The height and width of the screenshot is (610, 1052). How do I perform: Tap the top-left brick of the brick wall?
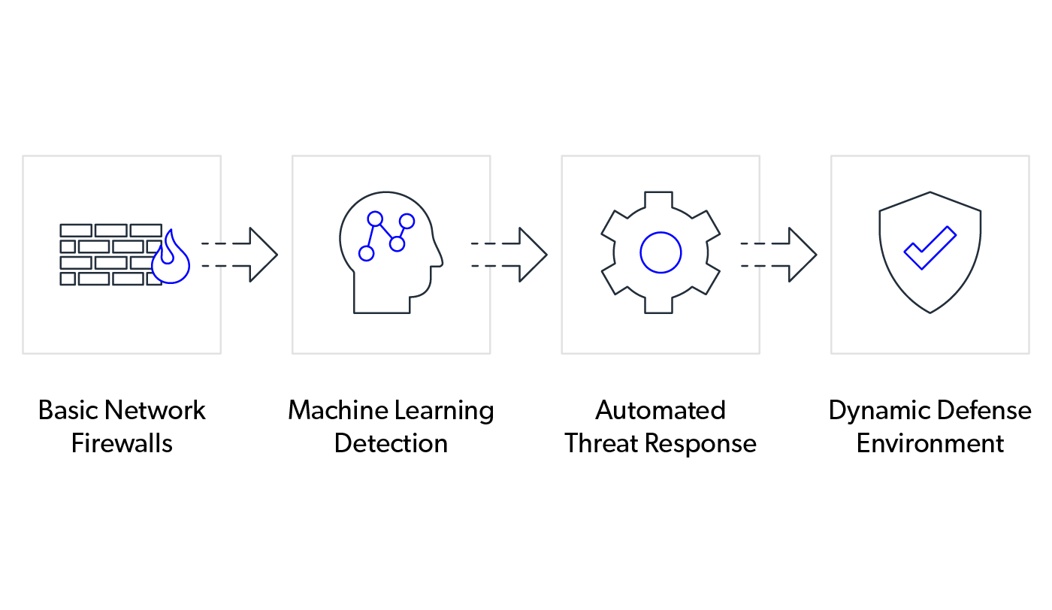[76, 231]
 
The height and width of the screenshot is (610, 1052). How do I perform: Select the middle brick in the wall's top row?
[111, 231]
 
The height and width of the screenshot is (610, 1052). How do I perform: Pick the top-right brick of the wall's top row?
[146, 231]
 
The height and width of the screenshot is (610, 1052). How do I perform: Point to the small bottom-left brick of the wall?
[68, 279]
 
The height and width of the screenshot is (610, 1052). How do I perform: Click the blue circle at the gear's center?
[661, 252]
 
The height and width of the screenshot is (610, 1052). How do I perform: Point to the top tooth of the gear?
[659, 198]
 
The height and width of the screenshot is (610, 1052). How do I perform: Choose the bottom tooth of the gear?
[659, 306]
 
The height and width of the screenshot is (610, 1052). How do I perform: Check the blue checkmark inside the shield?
[930, 247]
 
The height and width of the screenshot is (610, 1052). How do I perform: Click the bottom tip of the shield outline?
[930, 312]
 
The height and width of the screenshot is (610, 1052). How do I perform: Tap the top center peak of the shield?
[930, 193]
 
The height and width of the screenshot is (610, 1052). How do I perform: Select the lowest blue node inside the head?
[367, 254]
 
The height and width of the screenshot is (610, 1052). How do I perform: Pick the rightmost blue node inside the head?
[407, 222]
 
